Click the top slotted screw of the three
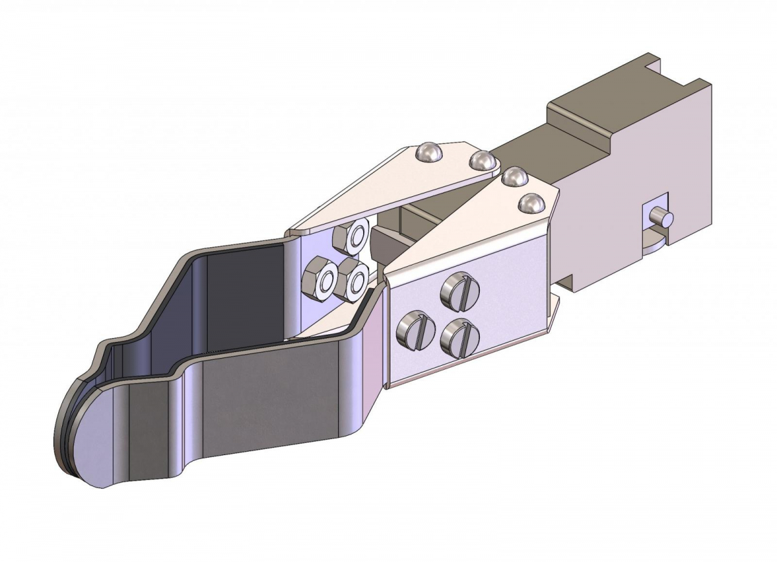click(x=460, y=290)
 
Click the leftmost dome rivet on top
click(x=429, y=153)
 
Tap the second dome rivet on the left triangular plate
click(x=481, y=161)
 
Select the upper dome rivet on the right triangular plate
click(x=512, y=177)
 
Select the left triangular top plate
click(x=388, y=188)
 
